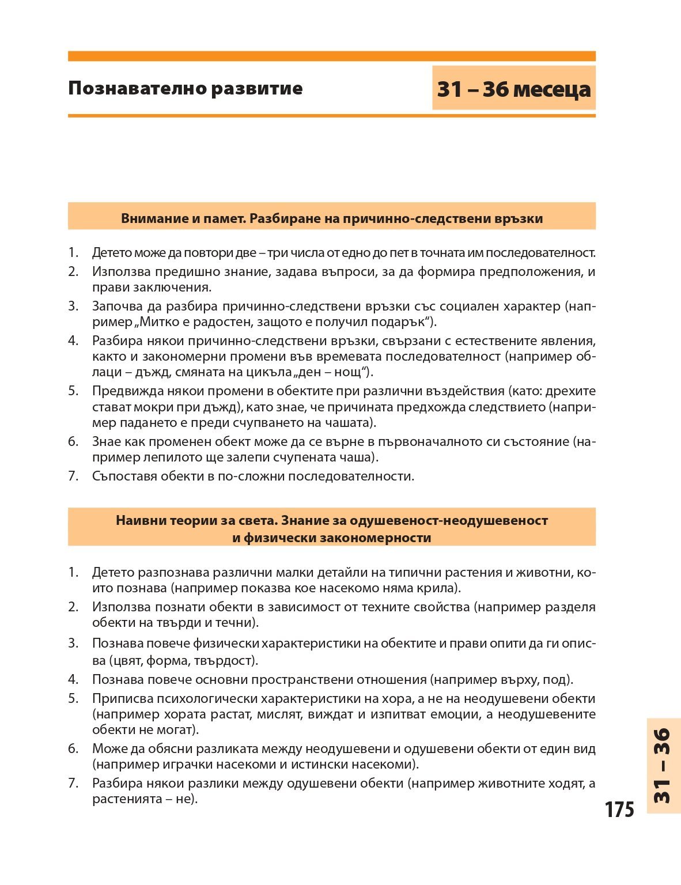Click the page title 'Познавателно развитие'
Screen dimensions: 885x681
[x=185, y=89]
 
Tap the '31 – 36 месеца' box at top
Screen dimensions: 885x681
[x=513, y=89]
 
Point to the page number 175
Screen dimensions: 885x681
[x=619, y=810]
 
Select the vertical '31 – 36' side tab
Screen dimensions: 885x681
[x=663, y=766]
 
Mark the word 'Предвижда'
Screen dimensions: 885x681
[x=124, y=391]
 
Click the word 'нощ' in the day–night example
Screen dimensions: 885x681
[x=354, y=372]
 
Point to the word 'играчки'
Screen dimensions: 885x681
[x=191, y=765]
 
